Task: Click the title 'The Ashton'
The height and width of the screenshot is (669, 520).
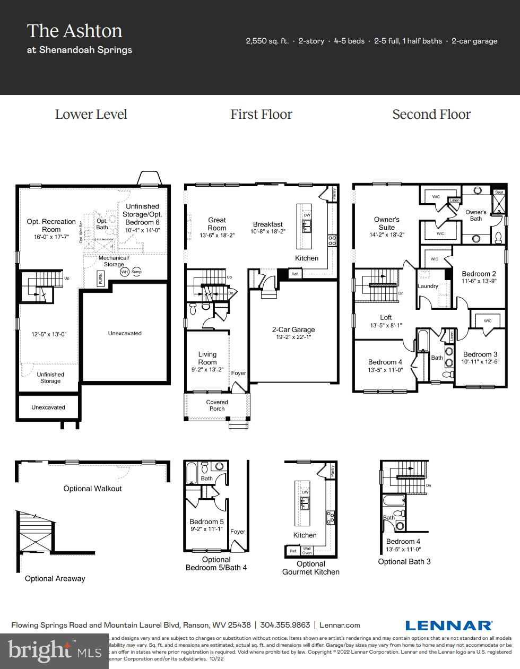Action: (x=74, y=31)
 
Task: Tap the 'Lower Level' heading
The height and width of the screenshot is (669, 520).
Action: (x=91, y=115)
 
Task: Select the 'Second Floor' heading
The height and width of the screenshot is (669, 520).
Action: (x=431, y=115)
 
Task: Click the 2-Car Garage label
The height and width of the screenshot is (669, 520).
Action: (x=293, y=329)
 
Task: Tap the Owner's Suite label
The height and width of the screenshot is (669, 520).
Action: (x=386, y=223)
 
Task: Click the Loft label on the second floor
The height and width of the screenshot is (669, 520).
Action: (x=386, y=317)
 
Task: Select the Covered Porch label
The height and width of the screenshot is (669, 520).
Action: (x=217, y=405)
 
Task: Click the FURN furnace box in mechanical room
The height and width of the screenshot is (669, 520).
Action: (x=100, y=279)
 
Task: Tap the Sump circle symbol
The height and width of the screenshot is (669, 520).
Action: (x=137, y=272)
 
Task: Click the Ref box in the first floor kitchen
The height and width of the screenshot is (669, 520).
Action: (x=294, y=274)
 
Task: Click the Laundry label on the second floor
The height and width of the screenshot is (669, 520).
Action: (x=428, y=286)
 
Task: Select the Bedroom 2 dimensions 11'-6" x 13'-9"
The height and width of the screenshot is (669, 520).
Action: (x=479, y=281)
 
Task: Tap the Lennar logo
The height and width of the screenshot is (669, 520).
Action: (x=449, y=625)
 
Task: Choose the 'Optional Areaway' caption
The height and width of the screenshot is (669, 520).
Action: (x=55, y=578)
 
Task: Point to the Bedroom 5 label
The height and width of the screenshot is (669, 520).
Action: (x=206, y=522)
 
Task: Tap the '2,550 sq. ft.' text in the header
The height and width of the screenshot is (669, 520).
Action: (x=267, y=41)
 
